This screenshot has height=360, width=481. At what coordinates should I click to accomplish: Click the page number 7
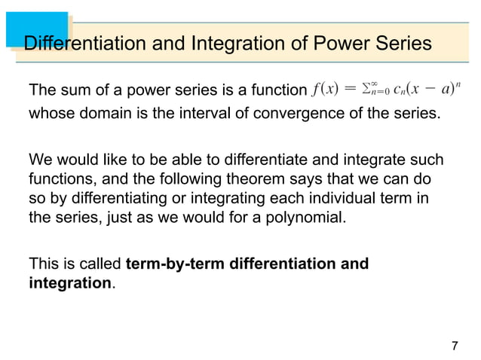[x=454, y=346]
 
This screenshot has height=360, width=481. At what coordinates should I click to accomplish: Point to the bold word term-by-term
[x=170, y=264]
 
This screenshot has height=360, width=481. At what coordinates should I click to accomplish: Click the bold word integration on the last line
[x=69, y=285]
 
